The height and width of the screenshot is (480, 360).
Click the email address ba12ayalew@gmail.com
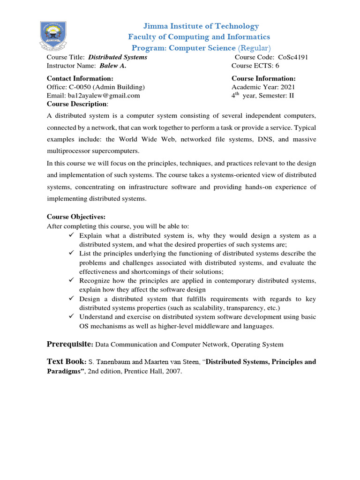coord(93,96)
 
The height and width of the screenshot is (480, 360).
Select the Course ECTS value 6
coord(277,66)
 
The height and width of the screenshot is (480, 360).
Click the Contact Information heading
coord(80,78)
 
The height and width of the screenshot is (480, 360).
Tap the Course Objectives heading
coord(76,217)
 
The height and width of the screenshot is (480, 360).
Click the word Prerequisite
coord(70,345)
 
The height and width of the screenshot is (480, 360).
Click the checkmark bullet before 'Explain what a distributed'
coord(71,235)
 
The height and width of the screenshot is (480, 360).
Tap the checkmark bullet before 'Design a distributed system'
coord(71,299)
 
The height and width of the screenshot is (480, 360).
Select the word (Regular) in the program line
coord(254,48)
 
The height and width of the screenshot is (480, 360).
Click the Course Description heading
coord(77,104)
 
